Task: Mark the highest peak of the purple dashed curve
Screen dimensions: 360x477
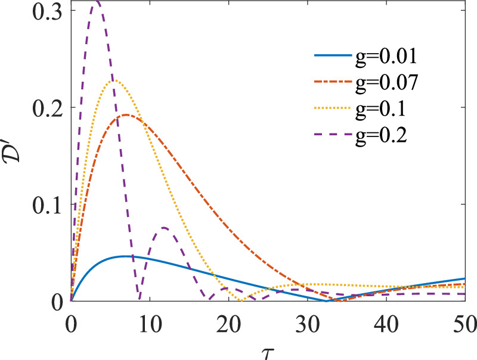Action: pyautogui.click(x=96, y=2)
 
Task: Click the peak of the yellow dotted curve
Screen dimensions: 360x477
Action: pyautogui.click(x=115, y=80)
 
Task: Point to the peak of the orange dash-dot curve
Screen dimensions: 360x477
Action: pyautogui.click(x=126, y=114)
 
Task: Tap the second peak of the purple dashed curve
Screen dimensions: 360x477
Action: pyautogui.click(x=164, y=227)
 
